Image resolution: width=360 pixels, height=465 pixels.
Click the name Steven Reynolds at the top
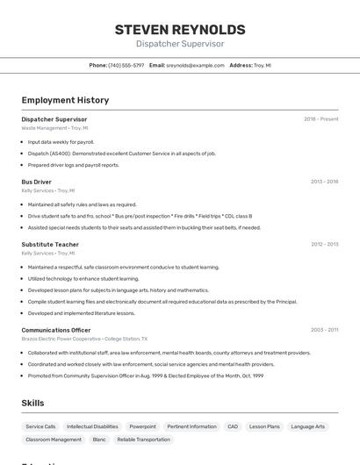[x=180, y=30]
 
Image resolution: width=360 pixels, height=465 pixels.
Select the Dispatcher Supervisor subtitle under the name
[x=180, y=44]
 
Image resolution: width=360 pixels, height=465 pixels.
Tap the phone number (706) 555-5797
[x=126, y=65]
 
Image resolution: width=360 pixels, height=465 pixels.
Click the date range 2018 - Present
[x=321, y=119]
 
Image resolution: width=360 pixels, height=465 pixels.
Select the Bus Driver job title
[x=36, y=182]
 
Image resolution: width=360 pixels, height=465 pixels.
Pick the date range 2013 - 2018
[x=324, y=182]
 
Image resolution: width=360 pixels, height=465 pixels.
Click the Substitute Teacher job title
[x=50, y=245]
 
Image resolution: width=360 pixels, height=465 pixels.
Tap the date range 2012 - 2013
[x=324, y=245]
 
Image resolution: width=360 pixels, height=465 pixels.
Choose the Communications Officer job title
[x=56, y=330]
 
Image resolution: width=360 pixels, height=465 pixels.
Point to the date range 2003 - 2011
[x=324, y=330]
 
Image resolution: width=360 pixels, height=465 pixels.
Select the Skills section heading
[x=32, y=403]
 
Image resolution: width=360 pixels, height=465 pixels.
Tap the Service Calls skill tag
[x=40, y=426]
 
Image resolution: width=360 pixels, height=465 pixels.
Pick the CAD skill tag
[x=233, y=426]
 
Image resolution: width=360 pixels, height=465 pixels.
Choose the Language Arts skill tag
[x=308, y=426]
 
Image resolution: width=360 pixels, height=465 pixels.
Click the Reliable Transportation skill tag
[x=143, y=440]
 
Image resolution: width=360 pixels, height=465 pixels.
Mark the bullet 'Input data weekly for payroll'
[x=61, y=142]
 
